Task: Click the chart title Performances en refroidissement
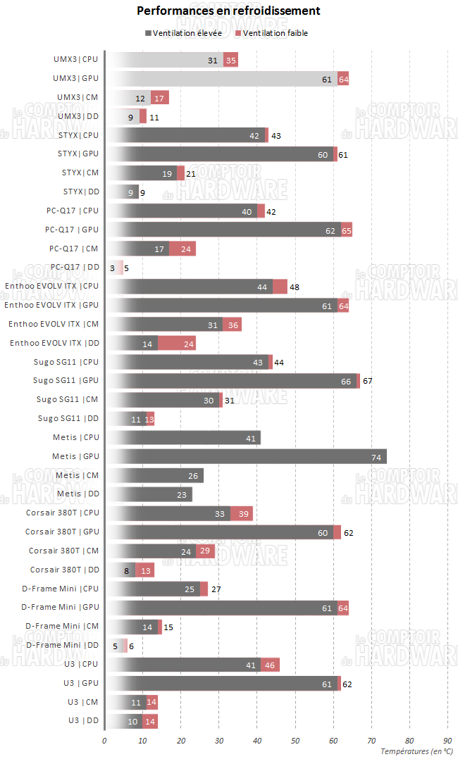pos(228,11)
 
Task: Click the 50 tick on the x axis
pos(295,741)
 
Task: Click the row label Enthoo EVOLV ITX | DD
pos(54,343)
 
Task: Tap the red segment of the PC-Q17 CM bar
pos(182,249)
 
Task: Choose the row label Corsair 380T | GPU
pos(62,532)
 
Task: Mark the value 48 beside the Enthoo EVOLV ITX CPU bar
pos(295,287)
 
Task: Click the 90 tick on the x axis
pos(447,741)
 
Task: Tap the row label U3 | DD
pos(84,720)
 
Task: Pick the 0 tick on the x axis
pos(104,741)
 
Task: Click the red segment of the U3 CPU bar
pos(271,664)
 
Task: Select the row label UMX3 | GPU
pos(76,79)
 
